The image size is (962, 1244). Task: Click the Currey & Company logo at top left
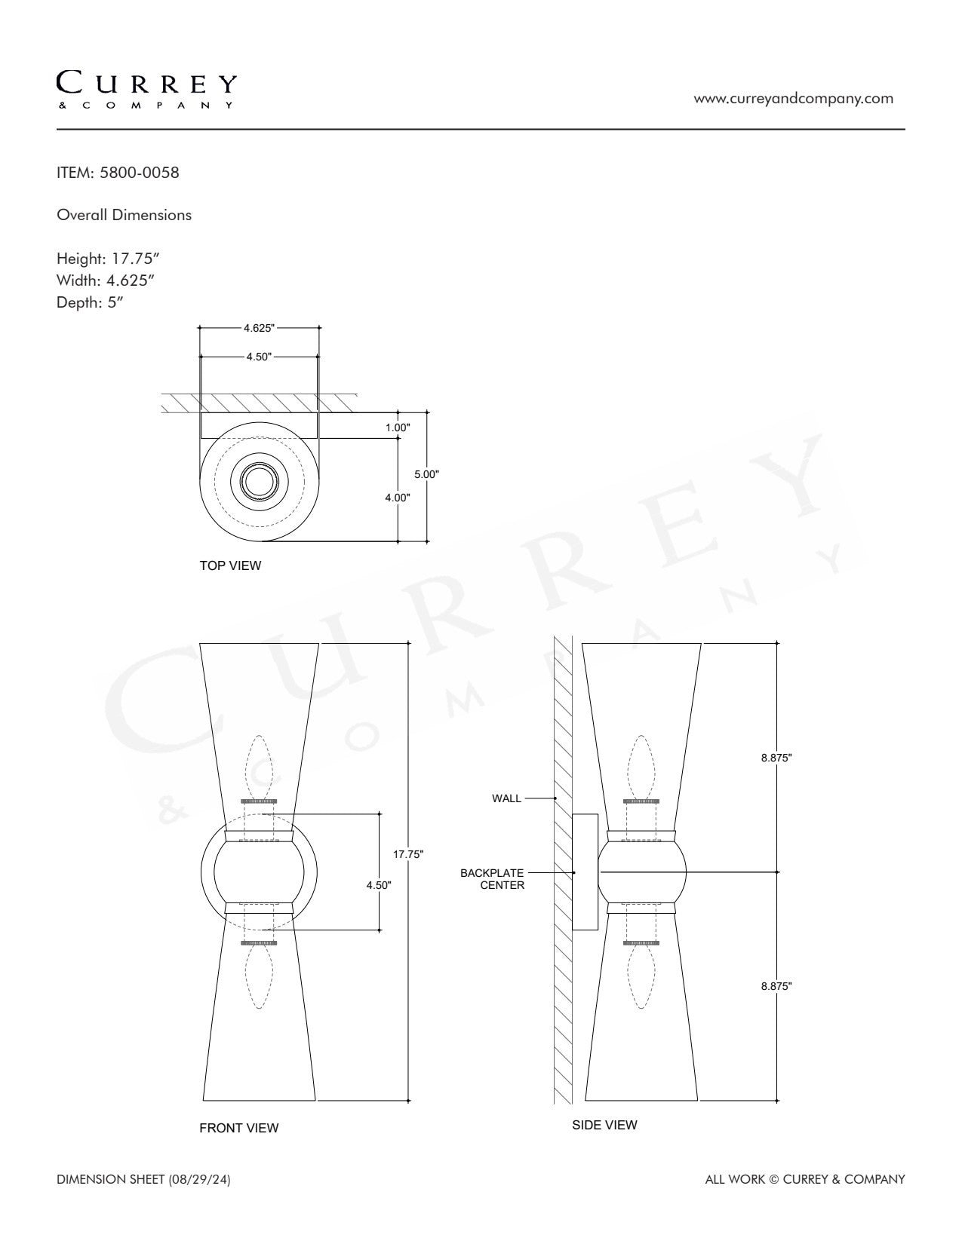(x=146, y=90)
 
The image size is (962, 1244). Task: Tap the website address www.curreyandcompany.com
(x=794, y=99)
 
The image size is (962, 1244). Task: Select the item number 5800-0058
(x=140, y=173)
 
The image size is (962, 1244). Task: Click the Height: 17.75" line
(x=108, y=259)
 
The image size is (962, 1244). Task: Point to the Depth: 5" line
(x=90, y=302)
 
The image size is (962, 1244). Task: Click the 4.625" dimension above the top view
(x=259, y=328)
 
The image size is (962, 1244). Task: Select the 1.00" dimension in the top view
(x=398, y=427)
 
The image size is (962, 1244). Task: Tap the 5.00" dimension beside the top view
(x=426, y=474)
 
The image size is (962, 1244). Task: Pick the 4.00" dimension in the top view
(x=398, y=498)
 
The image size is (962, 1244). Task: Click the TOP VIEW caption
(x=230, y=565)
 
